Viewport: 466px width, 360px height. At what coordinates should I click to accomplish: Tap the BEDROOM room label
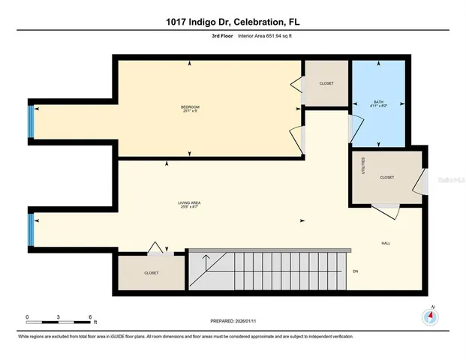(x=190, y=108)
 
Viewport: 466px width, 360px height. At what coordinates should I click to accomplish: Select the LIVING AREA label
(x=188, y=202)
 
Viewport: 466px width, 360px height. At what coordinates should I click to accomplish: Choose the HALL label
(x=386, y=242)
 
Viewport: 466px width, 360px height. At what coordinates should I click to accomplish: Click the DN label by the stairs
(x=356, y=271)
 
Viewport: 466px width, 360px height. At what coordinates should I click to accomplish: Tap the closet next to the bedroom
(x=326, y=83)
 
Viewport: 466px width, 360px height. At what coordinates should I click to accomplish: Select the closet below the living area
(x=152, y=273)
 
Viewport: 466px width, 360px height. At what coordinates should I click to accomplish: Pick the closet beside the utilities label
(x=387, y=178)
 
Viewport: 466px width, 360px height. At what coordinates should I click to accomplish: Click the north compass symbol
(x=431, y=316)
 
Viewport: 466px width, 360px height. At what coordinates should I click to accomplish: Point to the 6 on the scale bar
(x=89, y=317)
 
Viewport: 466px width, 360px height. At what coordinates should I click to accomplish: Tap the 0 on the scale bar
(x=27, y=317)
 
